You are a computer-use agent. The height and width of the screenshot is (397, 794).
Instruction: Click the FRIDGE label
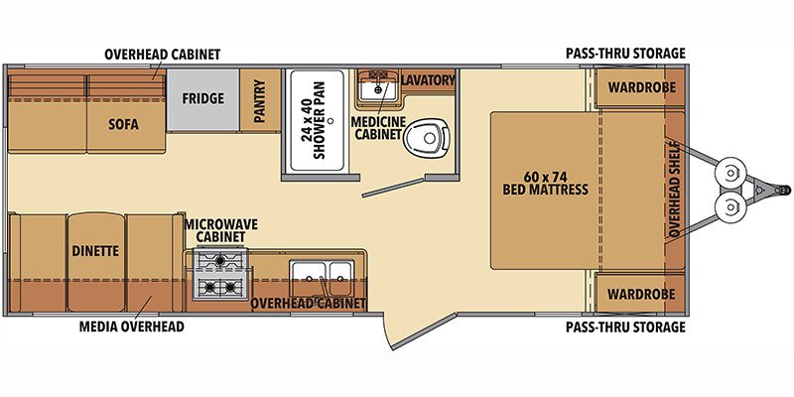(x=201, y=99)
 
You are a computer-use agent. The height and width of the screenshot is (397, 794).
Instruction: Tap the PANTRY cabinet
(x=259, y=100)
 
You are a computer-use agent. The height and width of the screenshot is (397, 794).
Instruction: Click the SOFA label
(x=124, y=125)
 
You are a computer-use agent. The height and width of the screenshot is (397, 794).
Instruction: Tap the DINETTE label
(x=95, y=251)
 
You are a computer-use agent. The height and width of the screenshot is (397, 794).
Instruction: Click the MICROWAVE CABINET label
(x=220, y=231)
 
